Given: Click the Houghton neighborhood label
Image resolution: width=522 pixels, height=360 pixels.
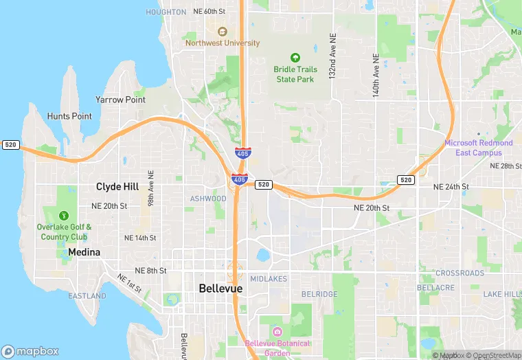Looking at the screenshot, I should (166, 12).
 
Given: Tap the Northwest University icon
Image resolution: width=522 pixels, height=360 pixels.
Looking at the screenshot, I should (222, 32).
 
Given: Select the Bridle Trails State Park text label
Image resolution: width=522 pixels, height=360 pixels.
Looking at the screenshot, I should (295, 74).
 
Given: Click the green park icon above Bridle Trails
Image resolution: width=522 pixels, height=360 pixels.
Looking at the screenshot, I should (295, 57).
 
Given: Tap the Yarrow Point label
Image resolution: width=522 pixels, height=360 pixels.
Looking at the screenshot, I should (120, 100).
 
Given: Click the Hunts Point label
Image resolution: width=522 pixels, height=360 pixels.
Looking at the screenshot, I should (69, 116).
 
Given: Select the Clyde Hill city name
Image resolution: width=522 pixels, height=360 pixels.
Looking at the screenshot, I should (117, 187).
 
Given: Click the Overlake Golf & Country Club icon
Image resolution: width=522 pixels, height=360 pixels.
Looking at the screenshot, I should (65, 216).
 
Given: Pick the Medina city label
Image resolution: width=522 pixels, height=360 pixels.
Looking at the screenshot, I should (84, 252).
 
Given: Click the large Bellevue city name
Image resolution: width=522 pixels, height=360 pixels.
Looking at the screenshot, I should (220, 289).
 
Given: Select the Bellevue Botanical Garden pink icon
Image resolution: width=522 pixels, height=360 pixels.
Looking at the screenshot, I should (277, 332).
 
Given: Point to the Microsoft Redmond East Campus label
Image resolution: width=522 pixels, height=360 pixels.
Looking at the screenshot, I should (478, 148).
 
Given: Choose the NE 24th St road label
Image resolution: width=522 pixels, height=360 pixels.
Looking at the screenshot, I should (451, 187).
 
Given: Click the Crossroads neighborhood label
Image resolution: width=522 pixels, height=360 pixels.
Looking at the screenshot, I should (459, 273).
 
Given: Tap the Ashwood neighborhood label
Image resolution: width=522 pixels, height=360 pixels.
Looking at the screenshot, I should (208, 199).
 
